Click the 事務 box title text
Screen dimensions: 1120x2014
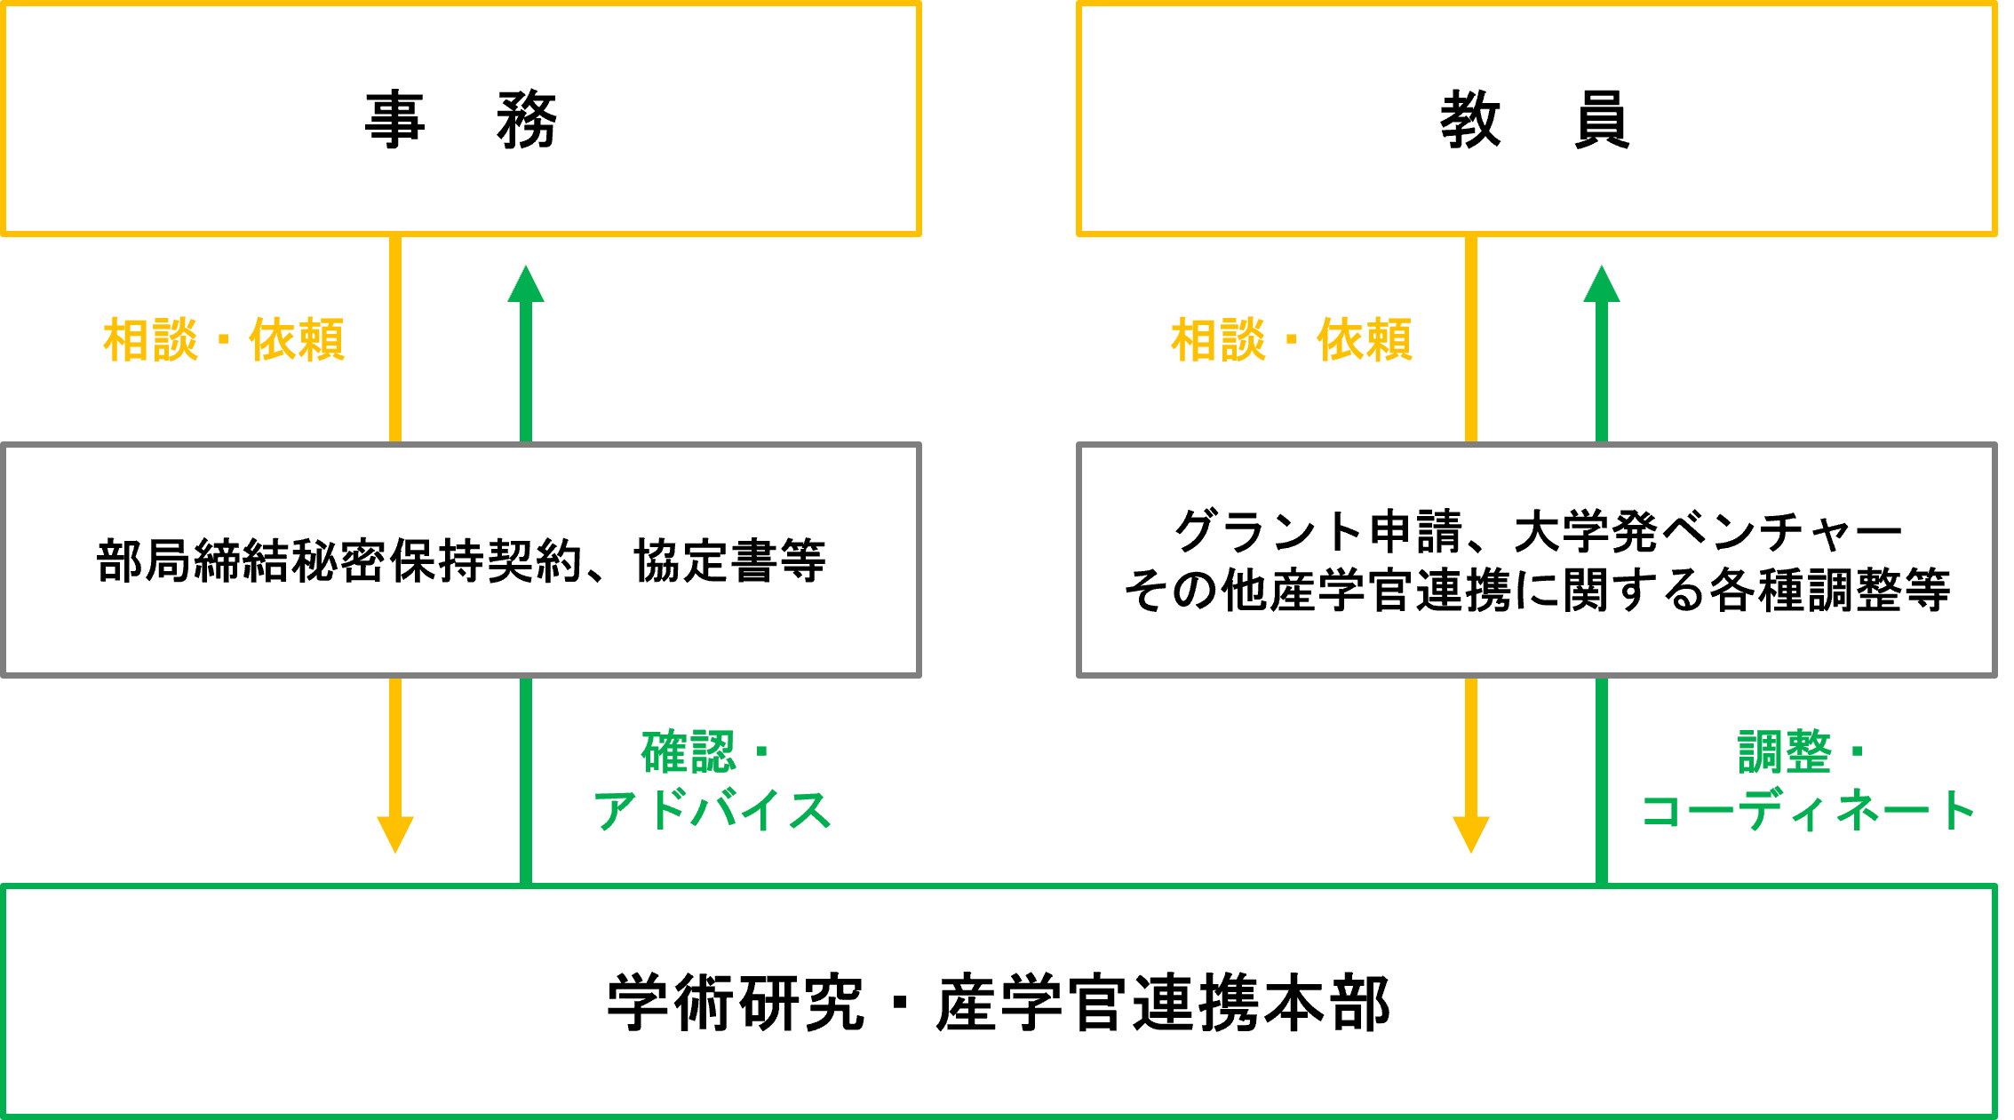point(460,120)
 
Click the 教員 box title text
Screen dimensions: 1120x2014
point(1534,120)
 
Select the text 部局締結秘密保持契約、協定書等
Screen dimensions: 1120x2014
point(460,560)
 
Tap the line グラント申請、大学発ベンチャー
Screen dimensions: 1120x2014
point(1537,531)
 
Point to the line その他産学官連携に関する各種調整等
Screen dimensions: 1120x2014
point(1537,590)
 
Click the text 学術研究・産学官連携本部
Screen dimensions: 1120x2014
point(998,1003)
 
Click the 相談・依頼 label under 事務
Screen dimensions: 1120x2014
point(223,339)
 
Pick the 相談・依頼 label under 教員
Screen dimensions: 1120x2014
point(1291,339)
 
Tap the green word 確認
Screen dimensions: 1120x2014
point(689,752)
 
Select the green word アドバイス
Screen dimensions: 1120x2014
point(712,810)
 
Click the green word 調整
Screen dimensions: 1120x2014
point(1784,752)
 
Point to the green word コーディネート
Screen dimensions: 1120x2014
point(1807,810)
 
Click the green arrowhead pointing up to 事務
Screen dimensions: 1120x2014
point(526,284)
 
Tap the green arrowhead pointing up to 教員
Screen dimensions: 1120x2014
point(1602,284)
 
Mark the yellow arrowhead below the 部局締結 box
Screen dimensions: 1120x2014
point(395,833)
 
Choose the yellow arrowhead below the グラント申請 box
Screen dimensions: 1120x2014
point(1471,833)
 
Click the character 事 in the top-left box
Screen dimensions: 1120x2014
point(394,120)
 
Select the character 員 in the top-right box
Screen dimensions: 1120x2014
point(1601,120)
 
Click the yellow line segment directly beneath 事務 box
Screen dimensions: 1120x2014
point(395,338)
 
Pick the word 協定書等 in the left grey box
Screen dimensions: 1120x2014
point(728,560)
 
